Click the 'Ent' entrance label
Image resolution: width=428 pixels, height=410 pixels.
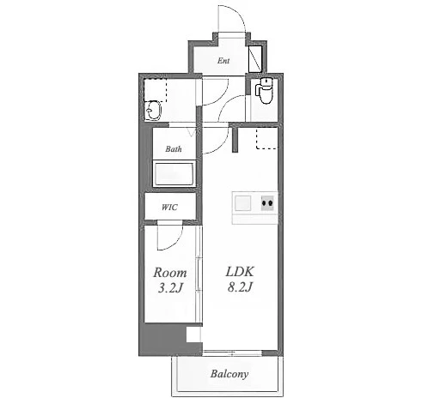click(223, 61)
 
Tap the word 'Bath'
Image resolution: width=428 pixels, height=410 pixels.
click(174, 148)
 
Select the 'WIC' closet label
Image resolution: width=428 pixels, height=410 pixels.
click(169, 207)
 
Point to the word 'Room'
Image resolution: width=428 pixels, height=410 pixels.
click(170, 273)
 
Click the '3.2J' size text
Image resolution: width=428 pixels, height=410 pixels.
click(170, 288)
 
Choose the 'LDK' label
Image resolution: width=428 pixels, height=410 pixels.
click(240, 272)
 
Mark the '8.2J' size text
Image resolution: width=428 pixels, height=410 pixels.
click(240, 286)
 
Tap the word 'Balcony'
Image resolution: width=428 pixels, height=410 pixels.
click(229, 374)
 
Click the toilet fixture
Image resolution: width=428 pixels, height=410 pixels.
click(264, 90)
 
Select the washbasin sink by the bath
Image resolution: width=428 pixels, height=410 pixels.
click(153, 111)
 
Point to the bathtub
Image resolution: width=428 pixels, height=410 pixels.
click(174, 173)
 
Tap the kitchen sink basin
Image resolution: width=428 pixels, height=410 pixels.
click(242, 203)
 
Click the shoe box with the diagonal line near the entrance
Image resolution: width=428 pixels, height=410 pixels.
click(255, 58)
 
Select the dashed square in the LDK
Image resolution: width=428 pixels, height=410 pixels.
click(266, 138)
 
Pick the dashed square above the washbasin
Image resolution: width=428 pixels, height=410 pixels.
click(155, 90)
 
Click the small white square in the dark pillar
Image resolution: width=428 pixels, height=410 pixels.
click(193, 335)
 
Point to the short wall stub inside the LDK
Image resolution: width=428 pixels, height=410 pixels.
click(235, 140)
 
